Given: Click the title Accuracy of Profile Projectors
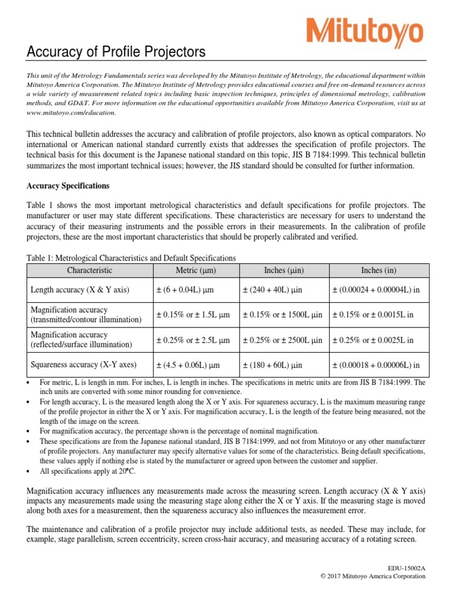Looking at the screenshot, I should pos(117,53).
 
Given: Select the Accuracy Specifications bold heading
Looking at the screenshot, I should pos(68,186).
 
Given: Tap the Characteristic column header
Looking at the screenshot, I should pos(89,270).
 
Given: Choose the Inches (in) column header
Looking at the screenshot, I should pos(378,270).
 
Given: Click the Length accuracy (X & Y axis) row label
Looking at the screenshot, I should pos(79,290).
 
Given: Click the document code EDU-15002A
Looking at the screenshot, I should pos(405,567).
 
